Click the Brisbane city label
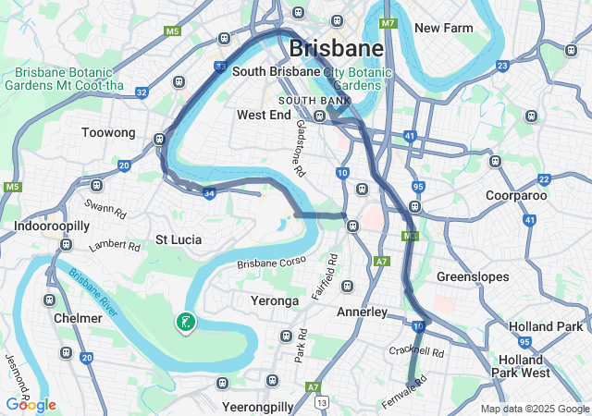337,48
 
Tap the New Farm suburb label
444,28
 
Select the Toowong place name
108,133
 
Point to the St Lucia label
178,239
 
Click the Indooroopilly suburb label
52,226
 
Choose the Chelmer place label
78,318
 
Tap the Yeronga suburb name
275,300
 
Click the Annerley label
362,312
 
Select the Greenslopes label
468,276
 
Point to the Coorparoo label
517,195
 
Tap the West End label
264,116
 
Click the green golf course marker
186,322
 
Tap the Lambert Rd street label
114,247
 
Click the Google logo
31,405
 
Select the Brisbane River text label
92,290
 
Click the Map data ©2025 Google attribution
535,410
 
